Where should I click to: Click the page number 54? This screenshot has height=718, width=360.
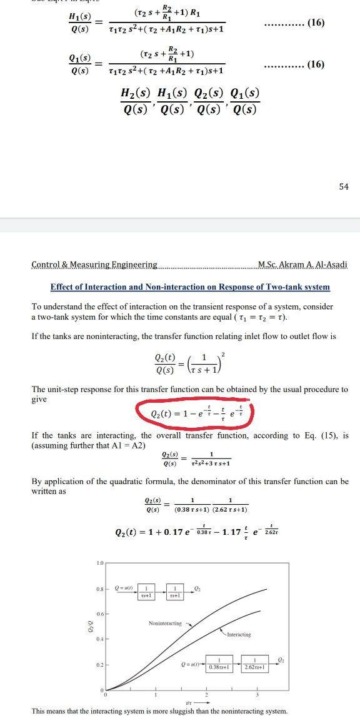click(344, 187)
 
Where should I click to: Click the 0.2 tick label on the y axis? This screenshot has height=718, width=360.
click(100, 664)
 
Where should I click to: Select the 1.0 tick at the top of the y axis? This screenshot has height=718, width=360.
click(100, 565)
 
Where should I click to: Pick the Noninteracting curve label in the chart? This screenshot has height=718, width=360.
click(165, 624)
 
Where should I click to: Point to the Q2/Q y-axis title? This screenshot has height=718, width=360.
click(88, 626)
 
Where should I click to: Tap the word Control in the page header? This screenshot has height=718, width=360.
click(45, 265)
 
